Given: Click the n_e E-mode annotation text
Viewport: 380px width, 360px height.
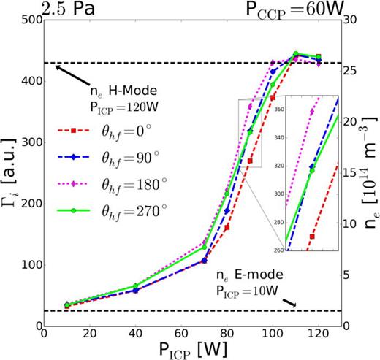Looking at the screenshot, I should [x=243, y=278].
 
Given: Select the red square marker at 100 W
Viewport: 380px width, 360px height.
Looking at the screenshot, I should [x=273, y=98].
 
